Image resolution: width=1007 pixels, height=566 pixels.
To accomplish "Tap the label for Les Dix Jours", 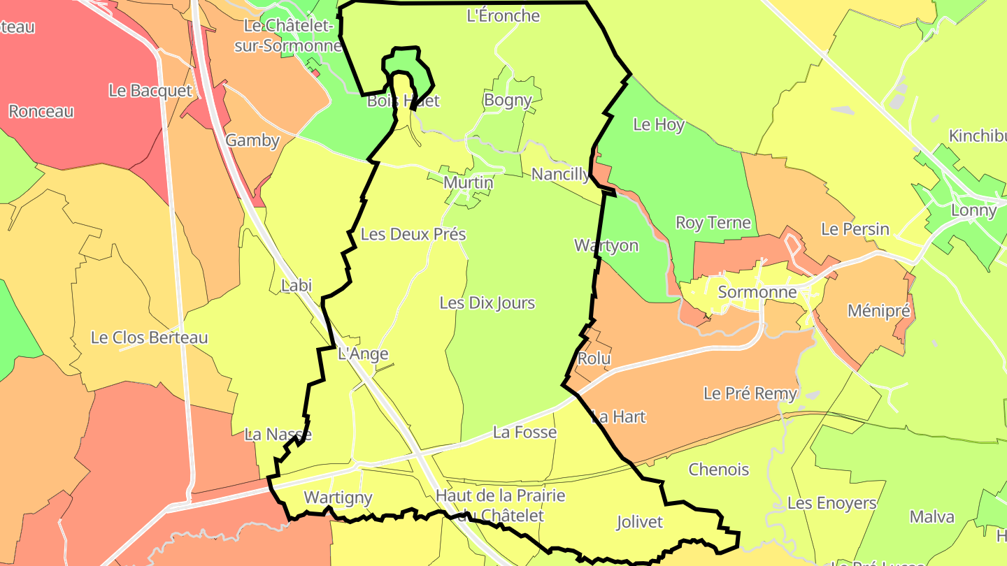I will coord(487,303).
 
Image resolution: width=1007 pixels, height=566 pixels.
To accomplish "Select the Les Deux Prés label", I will coord(413,234).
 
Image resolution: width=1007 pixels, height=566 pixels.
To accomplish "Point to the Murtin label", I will coord(469,182).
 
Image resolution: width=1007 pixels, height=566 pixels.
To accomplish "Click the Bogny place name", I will coord(508,100).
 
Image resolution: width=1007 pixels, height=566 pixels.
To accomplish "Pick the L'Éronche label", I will coord(503,15).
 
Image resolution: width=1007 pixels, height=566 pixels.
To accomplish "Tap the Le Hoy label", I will coord(659,124).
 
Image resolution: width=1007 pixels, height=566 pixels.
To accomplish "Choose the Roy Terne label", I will coord(713,223).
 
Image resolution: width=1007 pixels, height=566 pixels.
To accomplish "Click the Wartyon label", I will coord(606,245).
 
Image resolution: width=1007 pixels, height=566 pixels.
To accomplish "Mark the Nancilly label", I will coord(560,174).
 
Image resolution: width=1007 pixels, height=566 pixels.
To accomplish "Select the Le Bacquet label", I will coord(150,90).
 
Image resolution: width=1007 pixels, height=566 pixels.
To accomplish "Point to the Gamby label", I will coord(252,140).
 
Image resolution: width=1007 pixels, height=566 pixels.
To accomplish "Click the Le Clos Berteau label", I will coord(150,338).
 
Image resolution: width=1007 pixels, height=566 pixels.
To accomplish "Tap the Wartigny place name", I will coord(338,498).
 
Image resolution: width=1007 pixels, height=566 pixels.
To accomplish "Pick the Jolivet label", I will coord(640,522).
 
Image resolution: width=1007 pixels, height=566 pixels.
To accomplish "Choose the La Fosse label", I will coord(524,433).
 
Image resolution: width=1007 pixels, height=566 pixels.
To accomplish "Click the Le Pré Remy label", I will coord(750,393).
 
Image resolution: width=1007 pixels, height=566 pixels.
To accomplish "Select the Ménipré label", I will coord(879,311).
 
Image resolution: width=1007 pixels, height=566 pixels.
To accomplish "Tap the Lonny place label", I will coord(973,210).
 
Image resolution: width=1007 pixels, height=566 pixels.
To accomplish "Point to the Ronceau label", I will coord(41,111).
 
